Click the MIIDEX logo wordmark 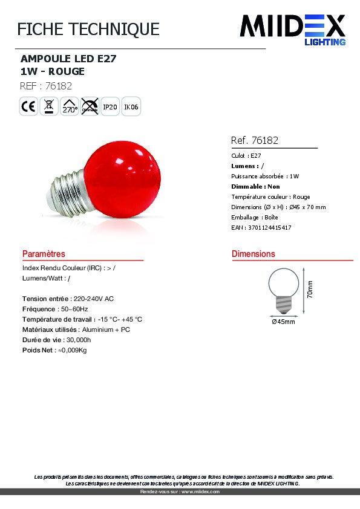(x=292, y=26)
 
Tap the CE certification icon (x=28, y=107)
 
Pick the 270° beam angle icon (x=70, y=107)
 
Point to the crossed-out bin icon (x=49, y=107)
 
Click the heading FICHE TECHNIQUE (x=88, y=29)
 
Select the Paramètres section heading (x=44, y=254)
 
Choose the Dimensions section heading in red (x=253, y=254)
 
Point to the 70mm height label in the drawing (x=309, y=290)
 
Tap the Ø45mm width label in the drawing (x=283, y=322)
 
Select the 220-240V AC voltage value (x=93, y=299)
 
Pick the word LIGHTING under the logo (x=324, y=42)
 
